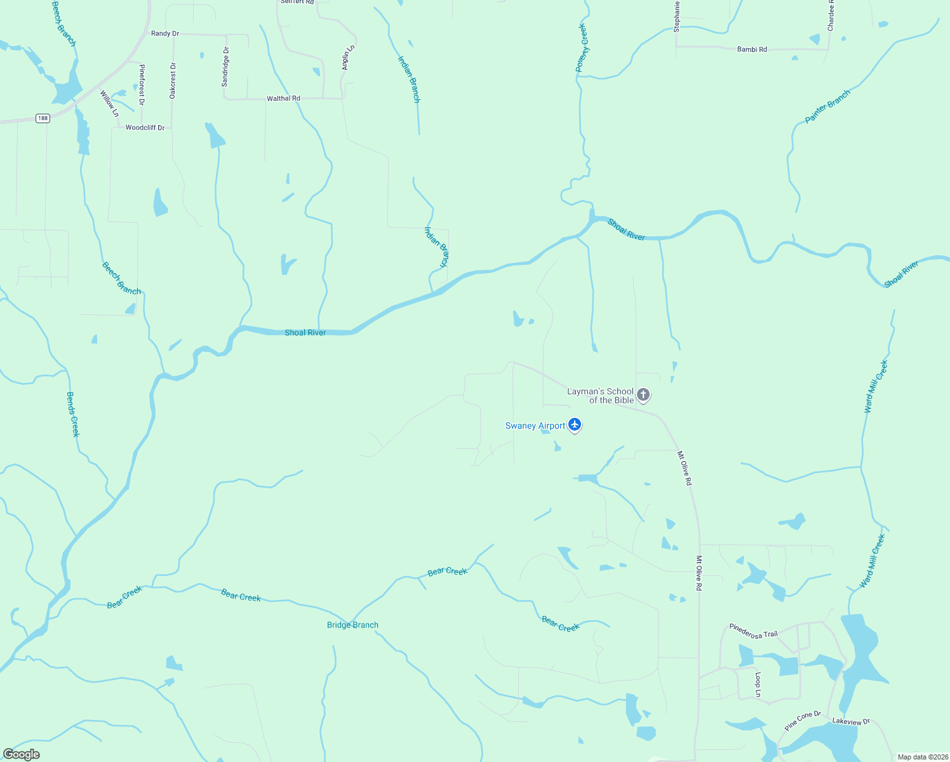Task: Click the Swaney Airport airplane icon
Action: click(575, 424)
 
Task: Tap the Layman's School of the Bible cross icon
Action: click(643, 395)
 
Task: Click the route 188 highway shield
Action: click(43, 118)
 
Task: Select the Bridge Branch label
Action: click(352, 625)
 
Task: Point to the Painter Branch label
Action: click(827, 107)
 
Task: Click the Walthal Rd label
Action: click(283, 98)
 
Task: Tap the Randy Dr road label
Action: click(165, 34)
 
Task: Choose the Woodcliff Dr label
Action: click(145, 128)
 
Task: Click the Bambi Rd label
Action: click(752, 49)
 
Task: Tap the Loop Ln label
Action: click(758, 685)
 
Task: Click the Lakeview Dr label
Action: click(851, 721)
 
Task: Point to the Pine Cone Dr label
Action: click(803, 720)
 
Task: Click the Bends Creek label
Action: click(73, 414)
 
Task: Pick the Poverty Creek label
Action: click(582, 47)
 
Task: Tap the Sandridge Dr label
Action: click(225, 66)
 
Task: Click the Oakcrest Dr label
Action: click(173, 80)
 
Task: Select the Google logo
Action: click(22, 754)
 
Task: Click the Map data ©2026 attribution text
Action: click(922, 757)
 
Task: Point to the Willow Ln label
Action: click(109, 104)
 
